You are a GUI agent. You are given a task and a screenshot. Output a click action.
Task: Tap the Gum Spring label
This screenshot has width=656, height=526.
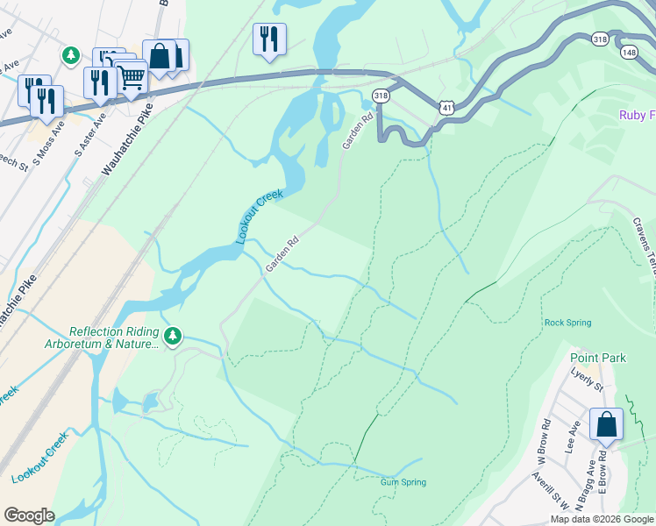click(403, 482)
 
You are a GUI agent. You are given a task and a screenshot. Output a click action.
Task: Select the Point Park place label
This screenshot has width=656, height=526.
click(597, 358)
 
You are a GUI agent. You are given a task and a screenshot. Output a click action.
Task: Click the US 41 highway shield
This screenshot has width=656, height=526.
click(447, 107)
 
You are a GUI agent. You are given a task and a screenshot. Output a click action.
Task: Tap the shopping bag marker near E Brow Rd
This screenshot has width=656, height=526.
click(606, 425)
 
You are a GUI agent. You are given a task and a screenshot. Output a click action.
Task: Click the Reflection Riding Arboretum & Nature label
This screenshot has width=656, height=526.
click(114, 338)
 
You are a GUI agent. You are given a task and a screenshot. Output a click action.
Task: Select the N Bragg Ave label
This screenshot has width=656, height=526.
click(584, 485)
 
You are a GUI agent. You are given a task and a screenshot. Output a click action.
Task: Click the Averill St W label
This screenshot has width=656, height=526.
click(550, 491)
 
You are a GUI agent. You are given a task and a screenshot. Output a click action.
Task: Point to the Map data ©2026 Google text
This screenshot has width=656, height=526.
click(602, 519)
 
